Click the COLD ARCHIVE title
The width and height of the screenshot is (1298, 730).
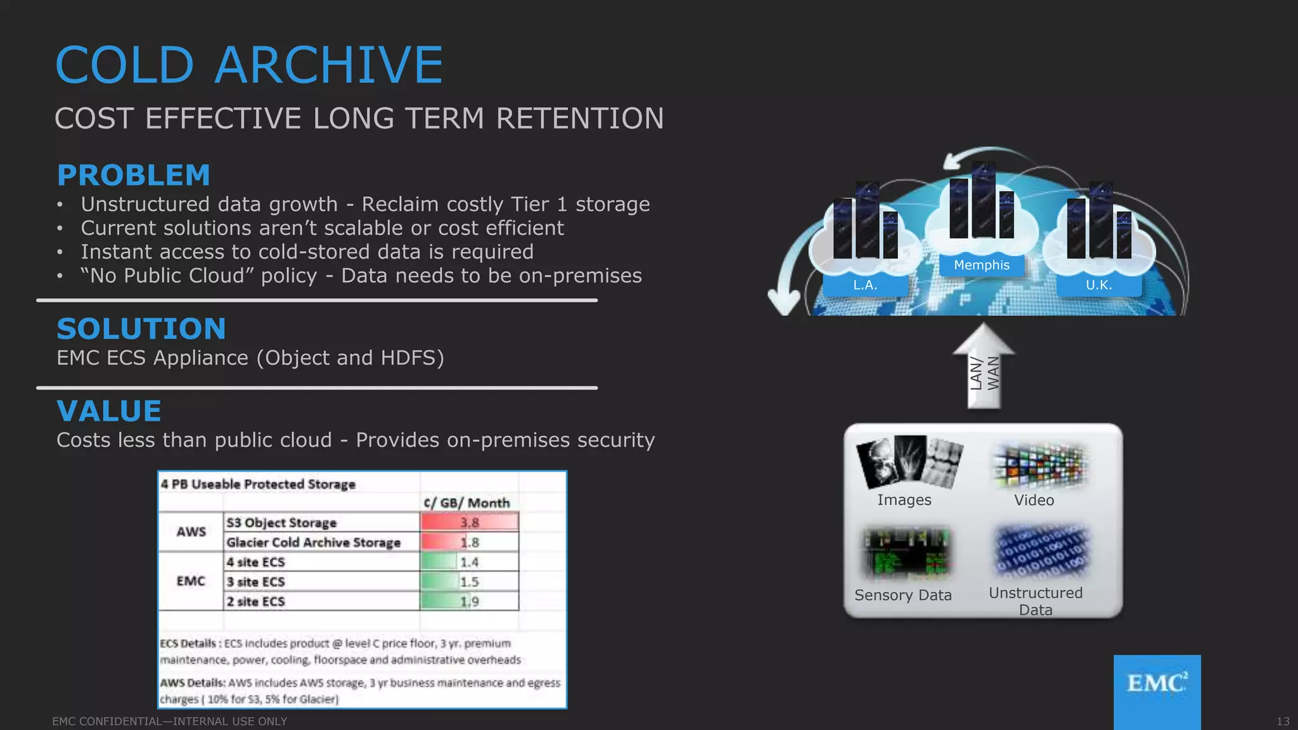point(248,65)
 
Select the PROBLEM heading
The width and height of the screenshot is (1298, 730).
point(133,176)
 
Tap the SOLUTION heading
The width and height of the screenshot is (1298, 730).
point(141,329)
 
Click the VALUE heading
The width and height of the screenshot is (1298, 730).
point(109,411)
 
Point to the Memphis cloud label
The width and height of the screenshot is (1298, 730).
point(981,265)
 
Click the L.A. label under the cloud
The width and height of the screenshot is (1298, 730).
point(864,285)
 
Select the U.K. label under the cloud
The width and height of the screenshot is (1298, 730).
point(1098,285)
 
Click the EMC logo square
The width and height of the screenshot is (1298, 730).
point(1157,691)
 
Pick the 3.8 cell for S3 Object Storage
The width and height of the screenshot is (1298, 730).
point(469,522)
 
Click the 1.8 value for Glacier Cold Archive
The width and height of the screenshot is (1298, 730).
point(469,542)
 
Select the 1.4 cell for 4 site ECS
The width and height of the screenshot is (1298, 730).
point(469,562)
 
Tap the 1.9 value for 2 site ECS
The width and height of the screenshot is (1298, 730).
point(469,601)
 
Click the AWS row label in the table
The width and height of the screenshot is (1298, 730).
point(191,532)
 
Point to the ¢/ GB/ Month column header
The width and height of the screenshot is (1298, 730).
point(466,503)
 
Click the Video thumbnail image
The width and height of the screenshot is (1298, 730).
point(1039,466)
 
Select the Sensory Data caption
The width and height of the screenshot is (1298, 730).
point(903,595)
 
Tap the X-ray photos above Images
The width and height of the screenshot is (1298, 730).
point(909,461)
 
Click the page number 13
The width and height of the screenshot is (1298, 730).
point(1282,721)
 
